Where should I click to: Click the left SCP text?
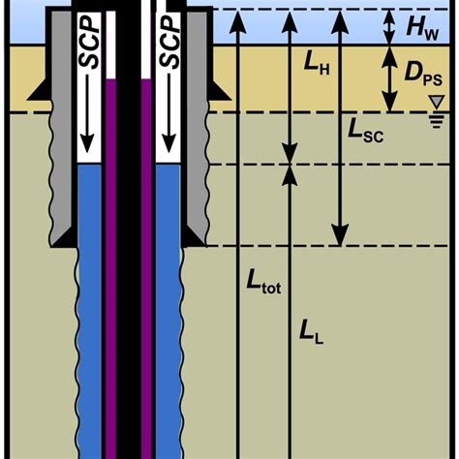(x=91, y=44)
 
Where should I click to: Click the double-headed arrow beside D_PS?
(x=389, y=77)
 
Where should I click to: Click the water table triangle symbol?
(x=439, y=102)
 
